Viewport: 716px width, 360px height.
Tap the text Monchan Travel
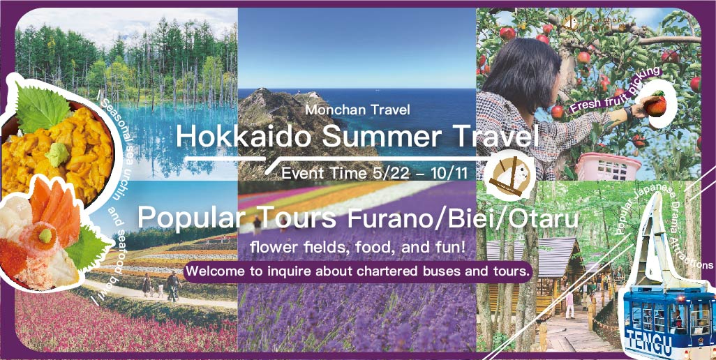coord(358,110)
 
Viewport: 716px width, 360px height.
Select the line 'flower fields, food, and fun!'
coord(358,248)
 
